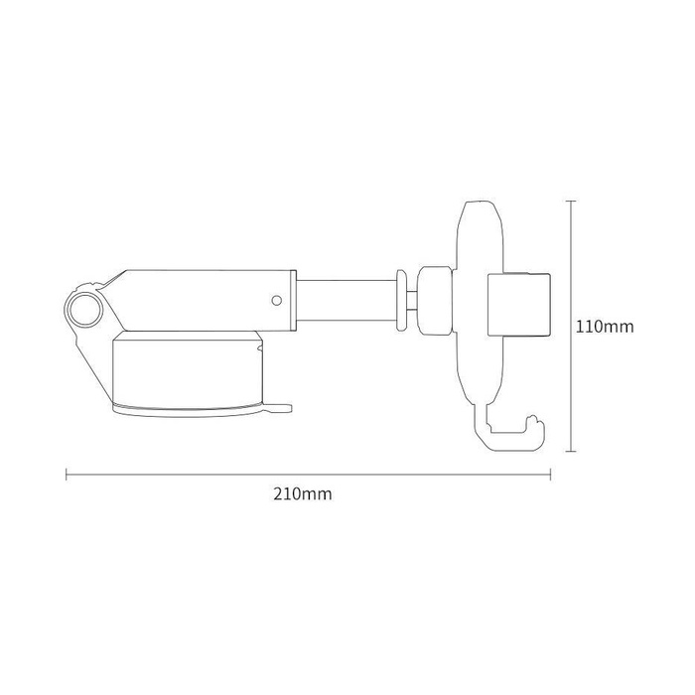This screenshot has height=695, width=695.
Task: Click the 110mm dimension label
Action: tap(605, 326)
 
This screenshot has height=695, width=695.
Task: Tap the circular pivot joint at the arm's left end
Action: tap(83, 306)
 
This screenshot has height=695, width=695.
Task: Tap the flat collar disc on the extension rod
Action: tap(401, 299)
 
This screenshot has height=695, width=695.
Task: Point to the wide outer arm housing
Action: tap(208, 298)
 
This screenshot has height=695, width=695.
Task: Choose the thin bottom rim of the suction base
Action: tap(189, 409)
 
